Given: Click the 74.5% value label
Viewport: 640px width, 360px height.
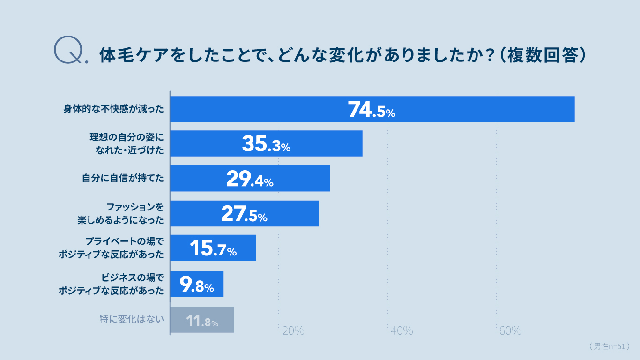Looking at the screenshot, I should (x=372, y=109).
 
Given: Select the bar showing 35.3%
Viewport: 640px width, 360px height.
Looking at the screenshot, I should (x=266, y=143).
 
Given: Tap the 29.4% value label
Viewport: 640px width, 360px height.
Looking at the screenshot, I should (x=250, y=179).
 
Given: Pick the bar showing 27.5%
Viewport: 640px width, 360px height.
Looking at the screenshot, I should (x=244, y=213).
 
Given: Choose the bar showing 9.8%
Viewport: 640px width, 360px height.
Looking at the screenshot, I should (x=197, y=284).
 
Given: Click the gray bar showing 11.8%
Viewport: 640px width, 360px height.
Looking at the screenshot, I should (x=202, y=320).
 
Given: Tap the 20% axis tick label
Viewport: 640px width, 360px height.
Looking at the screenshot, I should (x=293, y=330).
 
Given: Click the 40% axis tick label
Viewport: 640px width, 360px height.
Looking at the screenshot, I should (x=402, y=330).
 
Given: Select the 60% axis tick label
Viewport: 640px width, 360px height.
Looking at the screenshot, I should (x=510, y=330).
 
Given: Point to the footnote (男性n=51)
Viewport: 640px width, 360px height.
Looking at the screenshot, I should (x=609, y=346).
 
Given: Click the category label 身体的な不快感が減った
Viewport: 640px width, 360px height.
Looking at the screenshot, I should (x=114, y=109).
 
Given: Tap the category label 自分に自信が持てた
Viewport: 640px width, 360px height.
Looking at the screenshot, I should (x=123, y=179).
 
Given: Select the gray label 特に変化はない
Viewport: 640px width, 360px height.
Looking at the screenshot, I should (x=132, y=320).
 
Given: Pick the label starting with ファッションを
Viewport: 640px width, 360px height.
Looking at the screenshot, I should (x=121, y=213).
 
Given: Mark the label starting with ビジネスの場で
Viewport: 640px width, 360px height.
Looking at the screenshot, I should (x=112, y=284).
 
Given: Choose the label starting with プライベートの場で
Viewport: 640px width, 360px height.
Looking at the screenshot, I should (x=112, y=248).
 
